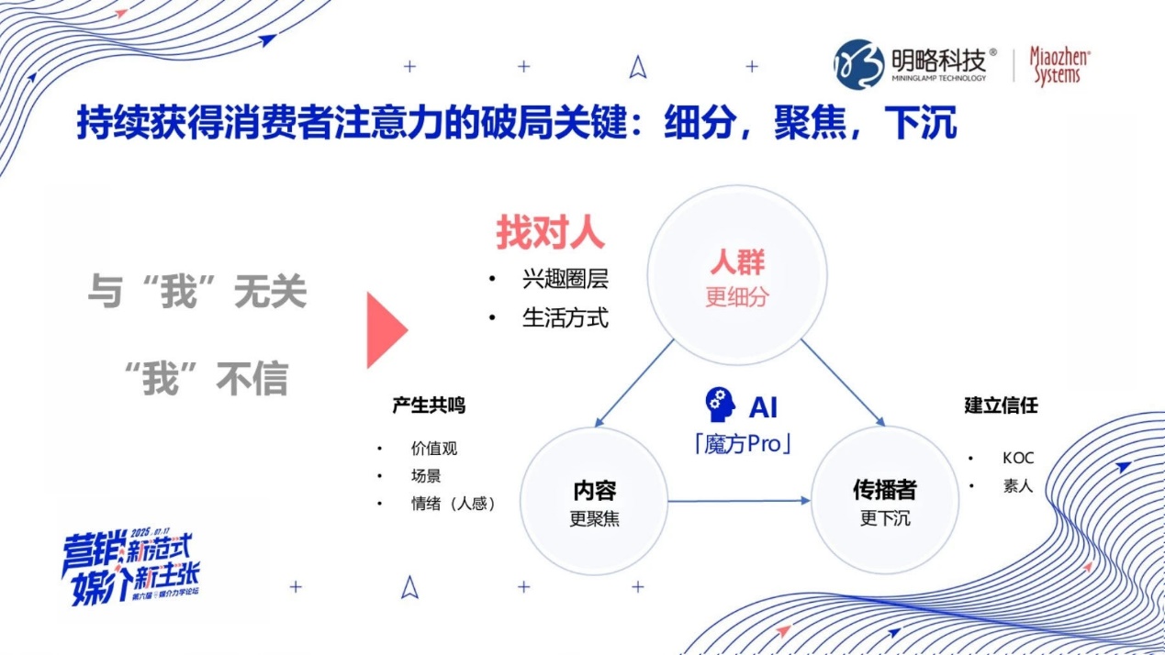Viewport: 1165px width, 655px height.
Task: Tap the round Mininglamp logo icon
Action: (858, 64)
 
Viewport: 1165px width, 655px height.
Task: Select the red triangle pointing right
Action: (385, 330)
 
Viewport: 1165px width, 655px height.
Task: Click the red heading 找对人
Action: (550, 233)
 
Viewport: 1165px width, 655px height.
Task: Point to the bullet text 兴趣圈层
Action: (565, 280)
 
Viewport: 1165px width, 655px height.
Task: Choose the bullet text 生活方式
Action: (565, 318)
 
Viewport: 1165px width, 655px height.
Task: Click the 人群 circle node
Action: (736, 276)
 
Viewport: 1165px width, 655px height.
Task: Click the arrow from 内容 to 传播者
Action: (739, 501)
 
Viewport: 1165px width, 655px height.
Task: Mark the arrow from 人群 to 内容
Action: (634, 383)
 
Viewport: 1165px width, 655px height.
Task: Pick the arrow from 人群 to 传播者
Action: (842, 383)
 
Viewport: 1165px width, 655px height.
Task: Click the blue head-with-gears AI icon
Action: (721, 405)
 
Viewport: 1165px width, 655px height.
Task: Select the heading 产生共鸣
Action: (429, 405)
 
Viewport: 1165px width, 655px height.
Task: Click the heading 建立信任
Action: (1001, 405)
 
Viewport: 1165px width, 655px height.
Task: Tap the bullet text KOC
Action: (1018, 458)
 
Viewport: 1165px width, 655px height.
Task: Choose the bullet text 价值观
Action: (434, 449)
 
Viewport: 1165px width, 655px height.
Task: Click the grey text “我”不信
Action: (207, 378)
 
